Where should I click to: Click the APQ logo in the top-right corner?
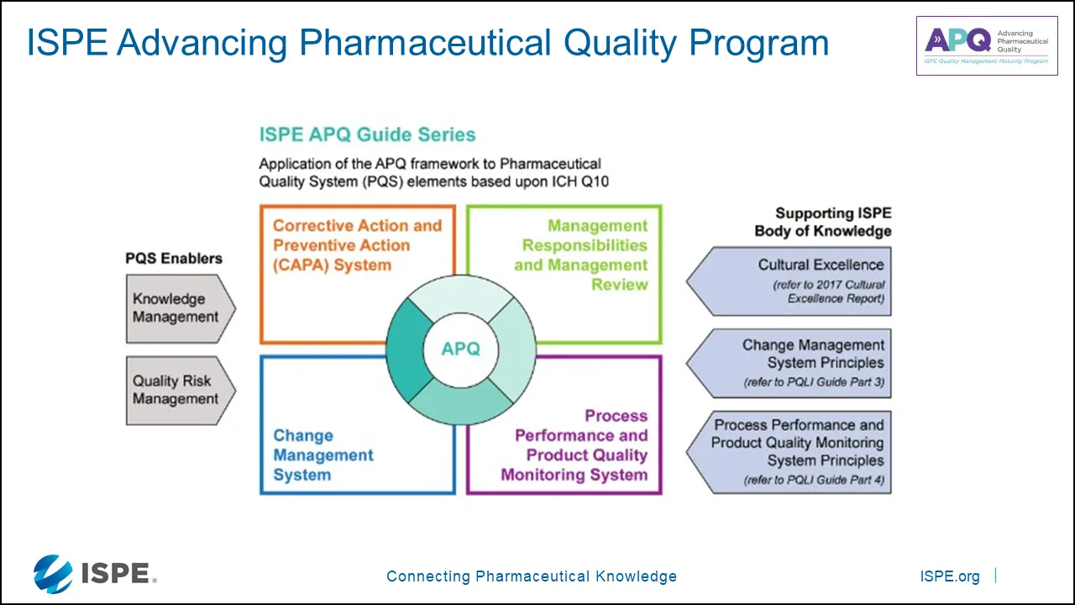coord(986,45)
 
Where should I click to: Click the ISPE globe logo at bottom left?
coord(53,574)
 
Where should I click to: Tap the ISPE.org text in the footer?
coord(950,576)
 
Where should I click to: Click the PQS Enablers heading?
coord(174,259)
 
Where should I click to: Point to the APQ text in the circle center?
coord(461,349)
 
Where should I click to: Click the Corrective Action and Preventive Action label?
coord(357,245)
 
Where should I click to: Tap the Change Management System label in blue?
coord(322,455)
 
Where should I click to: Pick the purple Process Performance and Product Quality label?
coord(575,445)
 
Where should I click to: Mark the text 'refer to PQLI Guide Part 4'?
coord(813,481)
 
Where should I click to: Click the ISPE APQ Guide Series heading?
coord(367,134)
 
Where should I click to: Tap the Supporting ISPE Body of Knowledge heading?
coord(823,223)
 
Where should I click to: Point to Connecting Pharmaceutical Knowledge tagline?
coord(531,576)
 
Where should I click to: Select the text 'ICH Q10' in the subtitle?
coord(579,181)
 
